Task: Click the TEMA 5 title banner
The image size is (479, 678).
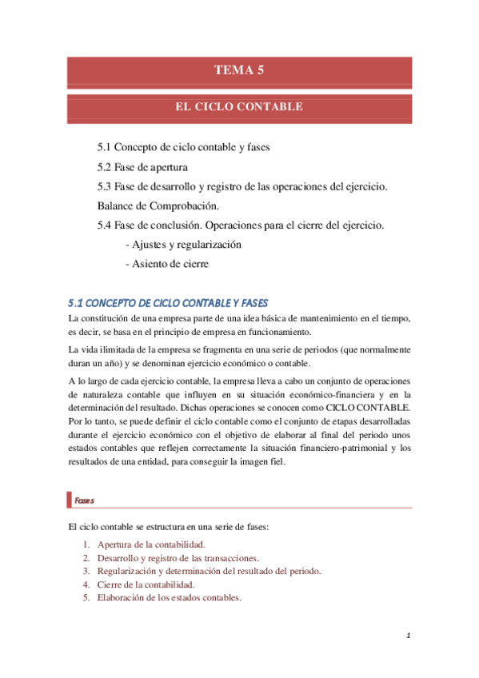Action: pos(238,70)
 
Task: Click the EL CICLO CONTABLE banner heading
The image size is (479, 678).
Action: pos(238,106)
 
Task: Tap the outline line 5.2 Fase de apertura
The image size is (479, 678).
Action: pos(142,167)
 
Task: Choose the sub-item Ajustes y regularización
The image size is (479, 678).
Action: pos(183,245)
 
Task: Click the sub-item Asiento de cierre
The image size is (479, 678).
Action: pos(170,264)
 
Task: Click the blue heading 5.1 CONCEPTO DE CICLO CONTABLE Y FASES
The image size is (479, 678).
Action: pos(168,303)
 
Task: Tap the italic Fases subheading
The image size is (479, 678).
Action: pos(83,500)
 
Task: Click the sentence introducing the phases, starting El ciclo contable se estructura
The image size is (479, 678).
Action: pos(169,526)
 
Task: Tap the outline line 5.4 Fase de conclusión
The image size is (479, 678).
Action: pos(240,225)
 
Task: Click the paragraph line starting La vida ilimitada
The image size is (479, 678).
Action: pos(240,349)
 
